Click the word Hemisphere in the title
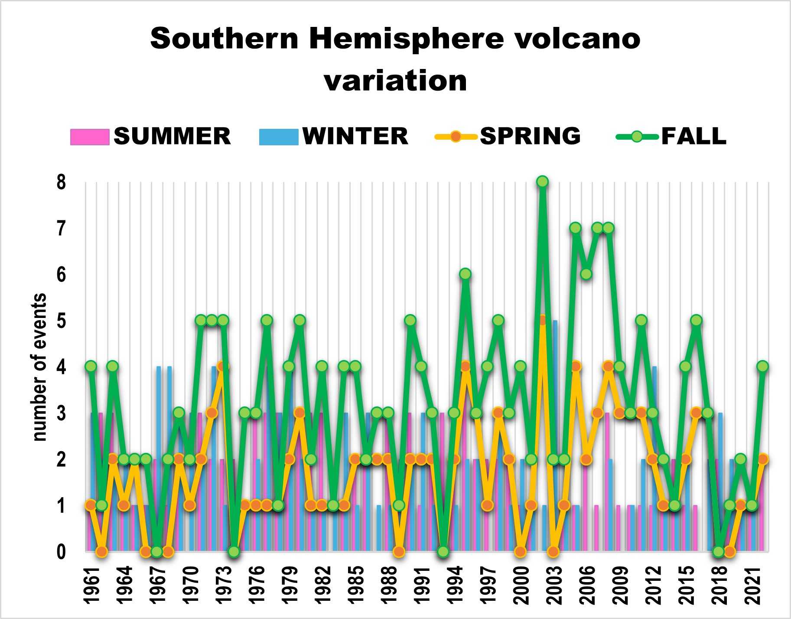(406, 39)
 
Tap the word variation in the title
(395, 81)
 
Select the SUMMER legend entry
(150, 136)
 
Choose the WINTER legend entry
(334, 136)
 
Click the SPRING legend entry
(508, 136)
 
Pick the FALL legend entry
(671, 136)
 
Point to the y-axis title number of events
(39, 367)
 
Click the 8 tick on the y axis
(61, 182)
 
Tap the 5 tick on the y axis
(61, 321)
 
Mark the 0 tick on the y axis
(61, 552)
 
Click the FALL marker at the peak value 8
(542, 182)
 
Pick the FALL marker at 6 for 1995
(465, 274)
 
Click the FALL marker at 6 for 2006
(586, 274)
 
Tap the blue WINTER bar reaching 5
(555, 436)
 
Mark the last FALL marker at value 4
(762, 367)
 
